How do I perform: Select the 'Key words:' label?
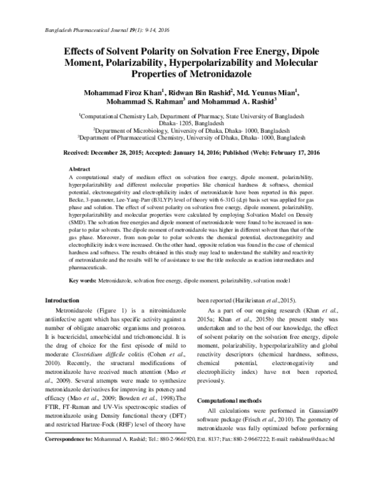pos(84,281)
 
